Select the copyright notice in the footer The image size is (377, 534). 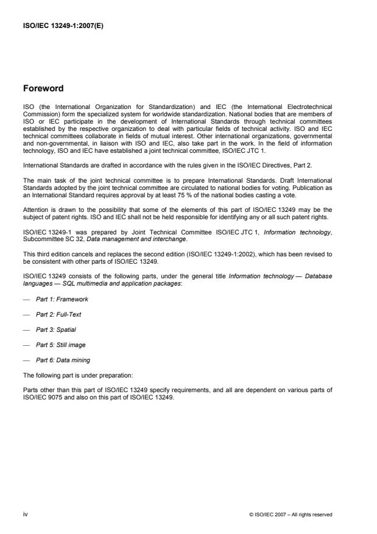(x=291, y=515)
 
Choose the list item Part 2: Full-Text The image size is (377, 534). (x=59, y=314)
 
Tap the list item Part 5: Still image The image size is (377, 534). (x=61, y=345)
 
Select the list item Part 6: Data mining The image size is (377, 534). (x=63, y=360)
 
